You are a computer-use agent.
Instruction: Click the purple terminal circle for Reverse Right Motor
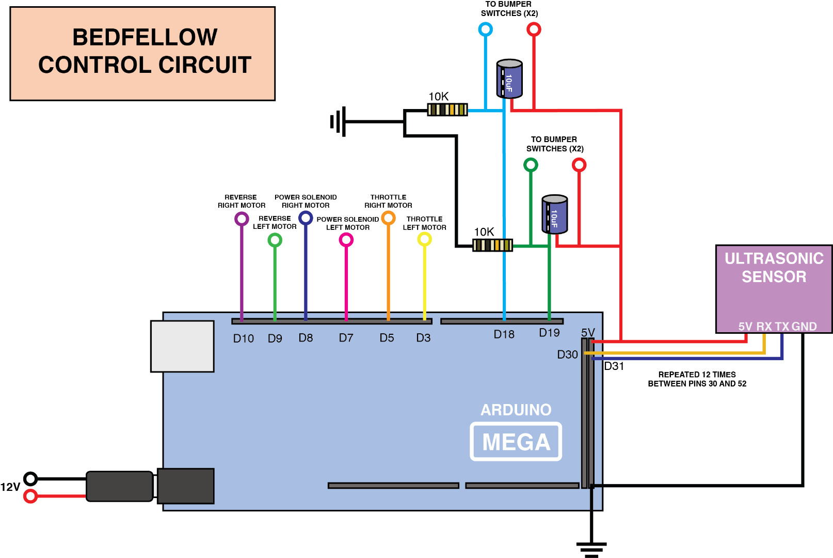coord(242,219)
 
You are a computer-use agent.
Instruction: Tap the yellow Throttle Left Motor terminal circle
coord(424,239)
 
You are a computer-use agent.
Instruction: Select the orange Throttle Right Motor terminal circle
coord(388,218)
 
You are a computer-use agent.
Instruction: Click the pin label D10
coord(243,338)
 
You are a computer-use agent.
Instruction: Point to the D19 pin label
coord(549,333)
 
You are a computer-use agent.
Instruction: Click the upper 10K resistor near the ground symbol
coord(447,110)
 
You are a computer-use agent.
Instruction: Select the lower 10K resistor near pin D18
coord(492,245)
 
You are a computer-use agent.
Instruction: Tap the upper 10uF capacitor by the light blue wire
coord(509,79)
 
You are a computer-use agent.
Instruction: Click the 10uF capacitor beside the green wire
coord(554,214)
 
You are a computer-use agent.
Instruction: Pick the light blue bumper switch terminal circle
coord(485,29)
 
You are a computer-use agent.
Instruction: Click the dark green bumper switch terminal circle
coord(531,165)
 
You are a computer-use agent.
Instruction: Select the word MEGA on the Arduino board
coord(516,442)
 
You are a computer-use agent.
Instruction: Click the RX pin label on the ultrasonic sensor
coord(764,327)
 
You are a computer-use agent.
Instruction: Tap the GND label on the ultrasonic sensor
coord(804,327)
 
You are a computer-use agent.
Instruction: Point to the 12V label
coord(10,487)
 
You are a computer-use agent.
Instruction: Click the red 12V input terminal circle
coord(31,497)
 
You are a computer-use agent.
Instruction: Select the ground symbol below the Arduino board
coord(591,549)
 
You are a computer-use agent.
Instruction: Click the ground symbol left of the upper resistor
coord(338,122)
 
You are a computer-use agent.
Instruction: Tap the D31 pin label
coord(614,366)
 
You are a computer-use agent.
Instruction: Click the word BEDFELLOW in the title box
coord(145,37)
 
